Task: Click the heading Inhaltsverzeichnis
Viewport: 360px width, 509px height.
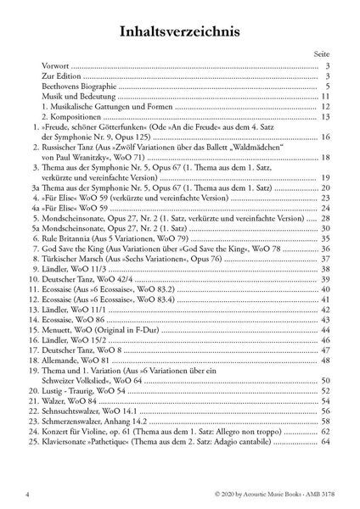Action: (x=179, y=31)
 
